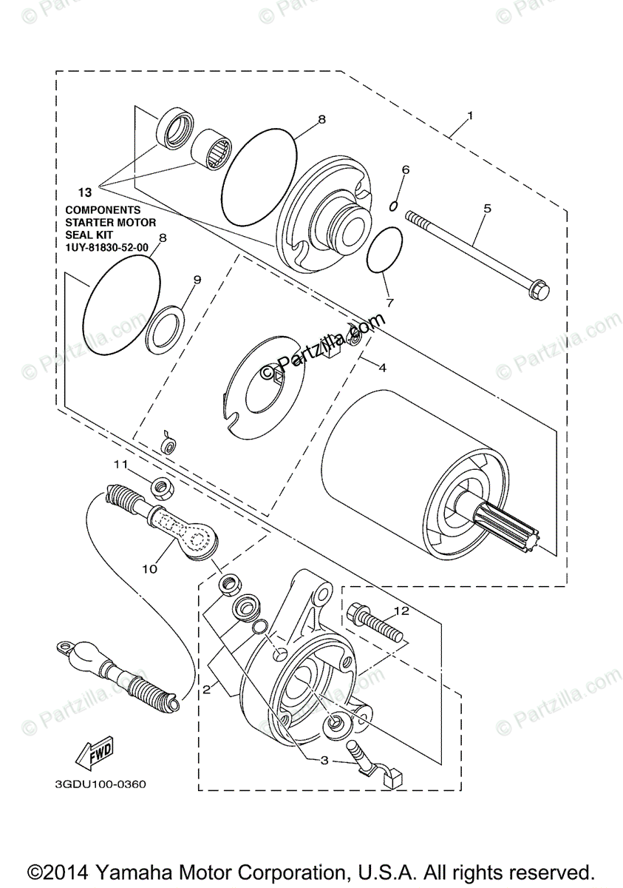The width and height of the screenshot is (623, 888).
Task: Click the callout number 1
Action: [x=470, y=117]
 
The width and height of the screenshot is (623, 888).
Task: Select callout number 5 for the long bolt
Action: [x=487, y=209]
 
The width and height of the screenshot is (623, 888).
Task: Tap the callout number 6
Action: [x=406, y=170]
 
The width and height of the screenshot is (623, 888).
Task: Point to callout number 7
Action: [x=389, y=302]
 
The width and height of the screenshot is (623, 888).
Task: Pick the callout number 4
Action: [x=383, y=367]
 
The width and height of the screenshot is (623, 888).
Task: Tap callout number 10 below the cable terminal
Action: [x=150, y=568]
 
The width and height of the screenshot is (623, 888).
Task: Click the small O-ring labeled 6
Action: [x=395, y=203]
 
